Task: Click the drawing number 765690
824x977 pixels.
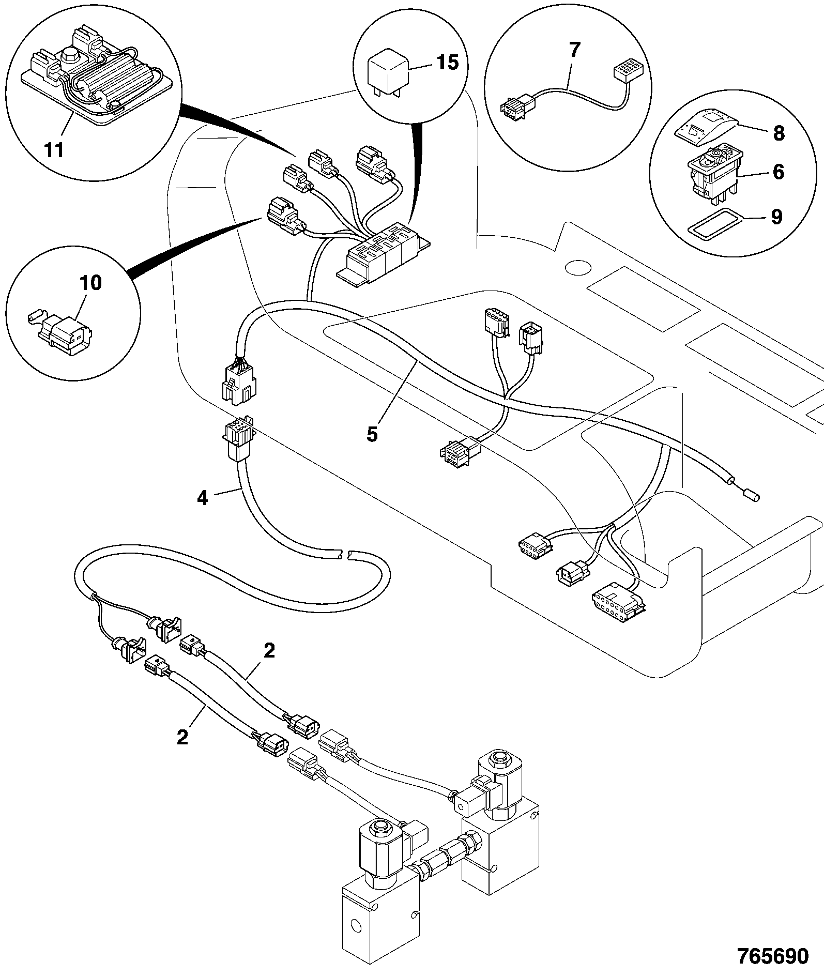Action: pyautogui.click(x=772, y=956)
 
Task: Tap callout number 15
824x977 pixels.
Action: pyautogui.click(x=448, y=63)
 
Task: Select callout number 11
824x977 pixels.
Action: pyautogui.click(x=54, y=150)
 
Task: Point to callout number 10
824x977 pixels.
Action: pyautogui.click(x=90, y=283)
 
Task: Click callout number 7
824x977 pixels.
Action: pyautogui.click(x=574, y=50)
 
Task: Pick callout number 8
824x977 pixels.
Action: pyautogui.click(x=779, y=133)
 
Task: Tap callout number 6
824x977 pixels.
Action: pyautogui.click(x=779, y=172)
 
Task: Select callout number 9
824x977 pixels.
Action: pyautogui.click(x=776, y=217)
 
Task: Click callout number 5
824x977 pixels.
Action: pyautogui.click(x=372, y=434)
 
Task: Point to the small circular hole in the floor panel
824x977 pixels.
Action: pyautogui.click(x=577, y=267)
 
